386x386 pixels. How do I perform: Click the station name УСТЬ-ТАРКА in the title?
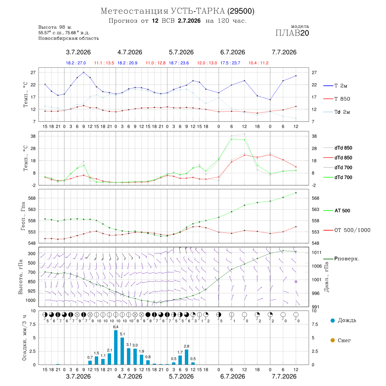point(198,11)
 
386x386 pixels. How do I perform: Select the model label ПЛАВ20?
point(292,33)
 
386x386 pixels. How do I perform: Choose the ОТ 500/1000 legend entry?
point(347,230)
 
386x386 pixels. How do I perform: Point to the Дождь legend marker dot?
point(333,320)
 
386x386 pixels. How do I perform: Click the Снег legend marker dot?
point(333,340)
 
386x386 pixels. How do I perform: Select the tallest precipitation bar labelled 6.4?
point(116,347)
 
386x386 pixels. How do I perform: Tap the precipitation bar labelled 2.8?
point(187,357)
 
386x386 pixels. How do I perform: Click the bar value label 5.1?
point(122,334)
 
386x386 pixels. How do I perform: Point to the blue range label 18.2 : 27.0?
point(76,63)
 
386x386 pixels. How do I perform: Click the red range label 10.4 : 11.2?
point(259,63)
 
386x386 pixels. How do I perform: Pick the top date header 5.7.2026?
point(181,52)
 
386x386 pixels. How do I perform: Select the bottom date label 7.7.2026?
point(284,377)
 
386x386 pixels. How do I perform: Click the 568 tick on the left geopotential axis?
point(32,198)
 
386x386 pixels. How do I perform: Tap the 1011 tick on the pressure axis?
point(317,252)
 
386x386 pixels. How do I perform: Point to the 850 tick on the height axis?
point(31,282)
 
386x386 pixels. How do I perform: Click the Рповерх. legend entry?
point(341,259)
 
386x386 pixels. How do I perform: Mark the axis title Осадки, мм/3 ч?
point(24,338)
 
